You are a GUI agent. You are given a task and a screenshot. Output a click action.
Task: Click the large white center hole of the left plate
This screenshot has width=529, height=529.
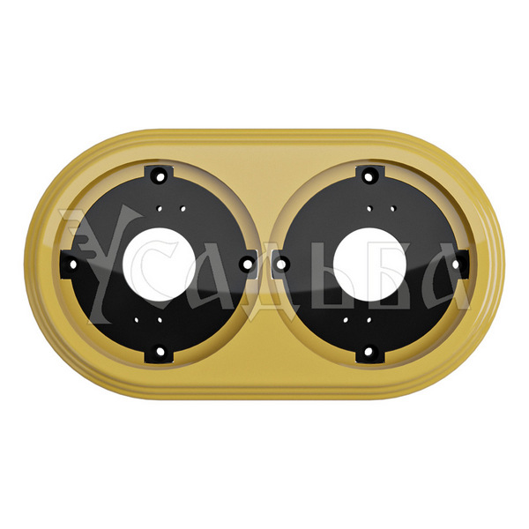[160, 264]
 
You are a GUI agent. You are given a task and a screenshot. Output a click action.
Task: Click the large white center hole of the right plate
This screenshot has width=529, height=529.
[369, 264]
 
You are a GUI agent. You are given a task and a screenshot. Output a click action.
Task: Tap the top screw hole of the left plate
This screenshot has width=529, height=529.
[160, 175]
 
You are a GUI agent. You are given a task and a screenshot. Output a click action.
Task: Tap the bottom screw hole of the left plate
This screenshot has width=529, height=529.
[160, 352]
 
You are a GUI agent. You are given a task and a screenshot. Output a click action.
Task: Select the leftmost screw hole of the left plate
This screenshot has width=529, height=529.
[72, 264]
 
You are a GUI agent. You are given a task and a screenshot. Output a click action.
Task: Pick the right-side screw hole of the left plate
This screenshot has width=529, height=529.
[247, 264]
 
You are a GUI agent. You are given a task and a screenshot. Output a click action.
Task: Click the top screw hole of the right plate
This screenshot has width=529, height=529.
[369, 175]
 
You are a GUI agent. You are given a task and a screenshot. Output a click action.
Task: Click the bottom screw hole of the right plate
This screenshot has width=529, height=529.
[369, 352]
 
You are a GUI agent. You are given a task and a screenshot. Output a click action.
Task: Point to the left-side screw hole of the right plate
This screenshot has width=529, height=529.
[281, 264]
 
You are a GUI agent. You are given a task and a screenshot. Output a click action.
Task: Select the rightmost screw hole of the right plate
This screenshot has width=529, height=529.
[456, 264]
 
